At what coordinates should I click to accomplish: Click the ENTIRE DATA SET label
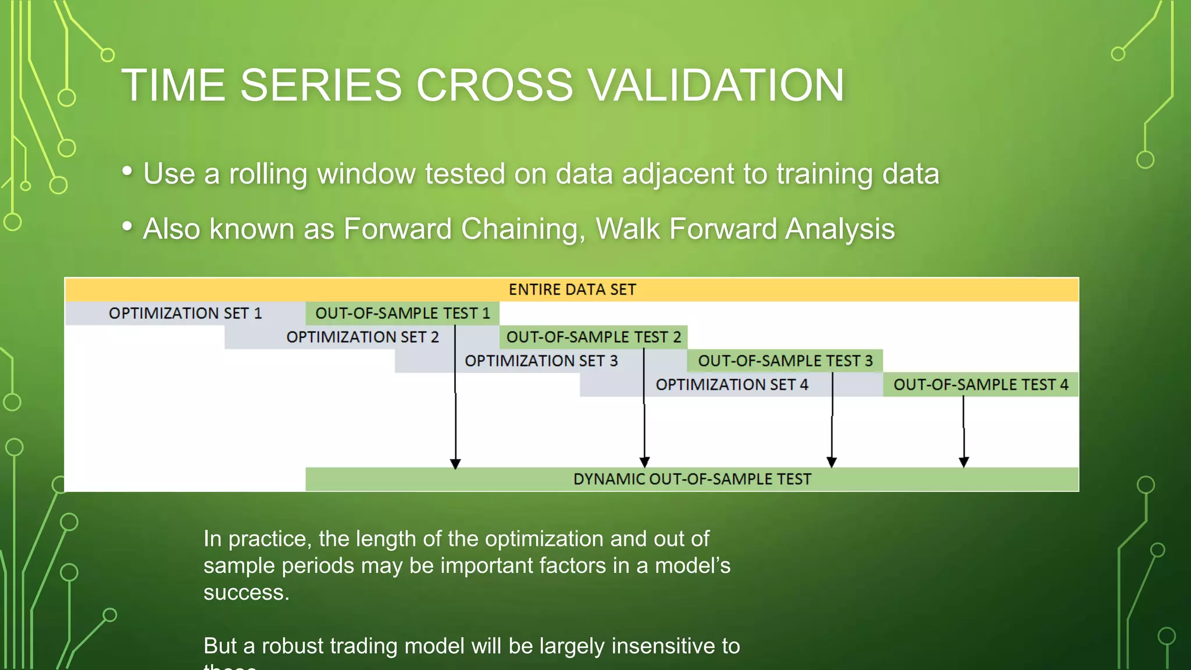pyautogui.click(x=572, y=290)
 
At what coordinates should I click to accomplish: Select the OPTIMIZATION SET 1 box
pyautogui.click(x=185, y=313)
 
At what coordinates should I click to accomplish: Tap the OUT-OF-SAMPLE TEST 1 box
pyautogui.click(x=402, y=313)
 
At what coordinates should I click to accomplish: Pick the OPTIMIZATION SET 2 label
pyautogui.click(x=362, y=337)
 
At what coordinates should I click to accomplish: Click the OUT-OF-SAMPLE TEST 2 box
pyautogui.click(x=593, y=337)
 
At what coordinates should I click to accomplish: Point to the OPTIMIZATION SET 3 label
pyautogui.click(x=541, y=361)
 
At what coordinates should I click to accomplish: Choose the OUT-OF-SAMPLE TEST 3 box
pyautogui.click(x=785, y=361)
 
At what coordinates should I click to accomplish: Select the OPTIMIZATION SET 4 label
pyautogui.click(x=732, y=385)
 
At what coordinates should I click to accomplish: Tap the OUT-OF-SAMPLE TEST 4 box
pyautogui.click(x=980, y=385)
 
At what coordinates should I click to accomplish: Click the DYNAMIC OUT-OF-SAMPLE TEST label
pyautogui.click(x=692, y=479)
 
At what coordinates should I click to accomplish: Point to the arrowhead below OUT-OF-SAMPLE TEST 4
pyautogui.click(x=964, y=462)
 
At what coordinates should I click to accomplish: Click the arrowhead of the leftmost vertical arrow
pyautogui.click(x=455, y=464)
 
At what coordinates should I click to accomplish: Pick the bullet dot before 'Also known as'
pyautogui.click(x=127, y=226)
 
